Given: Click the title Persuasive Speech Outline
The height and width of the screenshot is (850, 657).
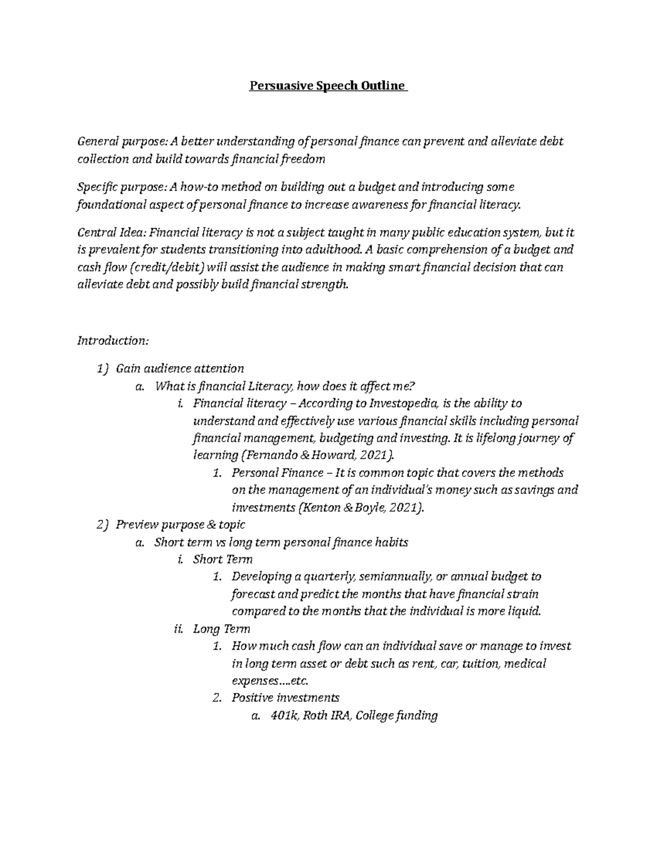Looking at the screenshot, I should pyautogui.click(x=328, y=86).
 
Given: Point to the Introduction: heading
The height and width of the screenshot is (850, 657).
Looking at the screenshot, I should pyautogui.click(x=113, y=340).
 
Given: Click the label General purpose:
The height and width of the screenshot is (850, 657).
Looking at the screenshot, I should pyautogui.click(x=122, y=142).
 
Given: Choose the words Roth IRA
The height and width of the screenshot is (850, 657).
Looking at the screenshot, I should pyautogui.click(x=326, y=715).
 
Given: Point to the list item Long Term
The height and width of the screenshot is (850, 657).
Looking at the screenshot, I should pyautogui.click(x=221, y=629).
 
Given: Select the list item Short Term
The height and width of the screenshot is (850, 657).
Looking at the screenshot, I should pyautogui.click(x=222, y=559).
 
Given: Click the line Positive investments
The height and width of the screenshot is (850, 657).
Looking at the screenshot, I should pyautogui.click(x=285, y=698).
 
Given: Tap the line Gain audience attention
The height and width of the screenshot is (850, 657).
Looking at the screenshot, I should pyautogui.click(x=180, y=368).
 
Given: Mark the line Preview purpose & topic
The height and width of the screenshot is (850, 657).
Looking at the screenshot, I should pyautogui.click(x=180, y=524).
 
